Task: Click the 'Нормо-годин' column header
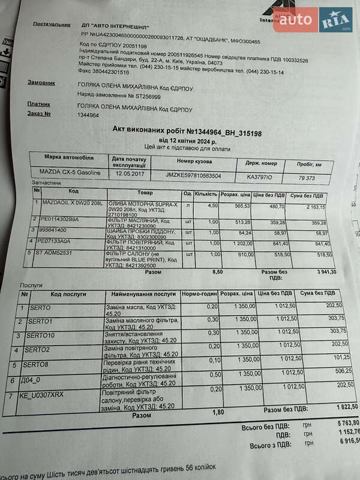click(200, 294)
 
